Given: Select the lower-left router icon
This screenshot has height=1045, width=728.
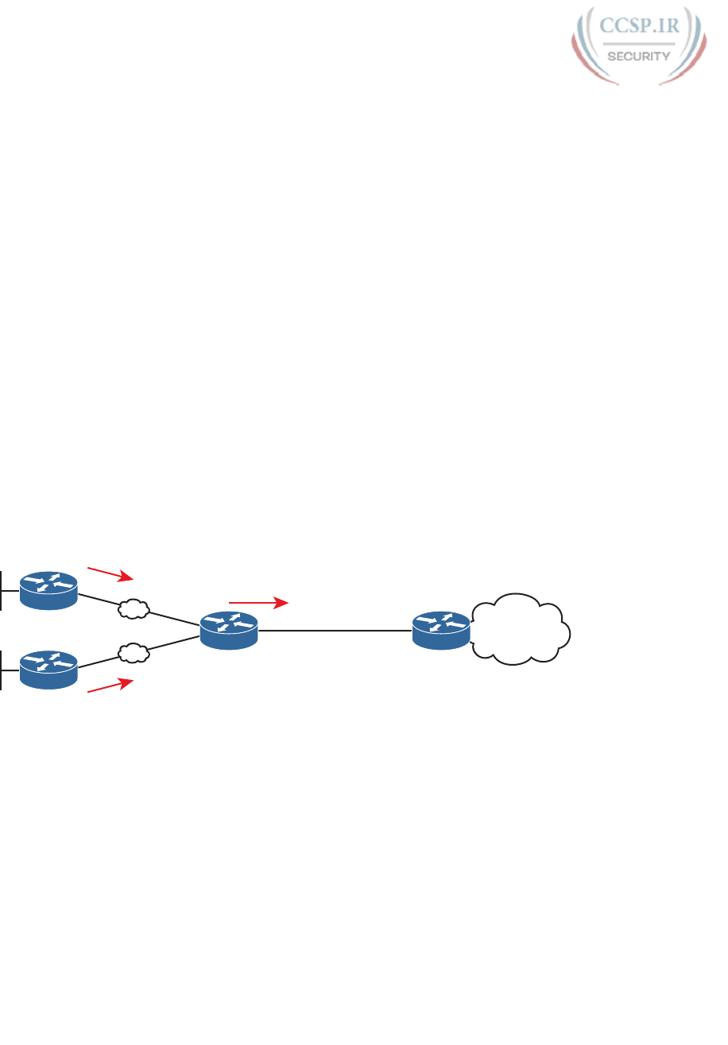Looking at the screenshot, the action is [x=48, y=669].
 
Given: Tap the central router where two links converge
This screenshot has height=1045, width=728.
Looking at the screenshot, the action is [x=229, y=630].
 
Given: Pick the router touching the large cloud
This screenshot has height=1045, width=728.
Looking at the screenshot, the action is [x=441, y=630].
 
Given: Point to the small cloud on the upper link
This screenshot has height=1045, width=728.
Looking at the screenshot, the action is [x=134, y=610].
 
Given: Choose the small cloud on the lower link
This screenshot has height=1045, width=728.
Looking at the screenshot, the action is [x=134, y=654].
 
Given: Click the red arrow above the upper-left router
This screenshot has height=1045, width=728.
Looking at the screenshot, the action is [x=110, y=573].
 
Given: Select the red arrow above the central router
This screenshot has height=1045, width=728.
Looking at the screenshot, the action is [x=258, y=604].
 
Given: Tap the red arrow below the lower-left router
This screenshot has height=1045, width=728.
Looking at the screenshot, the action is [x=110, y=686].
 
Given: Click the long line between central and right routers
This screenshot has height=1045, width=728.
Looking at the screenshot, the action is [x=334, y=631].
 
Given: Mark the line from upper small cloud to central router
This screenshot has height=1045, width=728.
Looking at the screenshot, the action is [x=175, y=619].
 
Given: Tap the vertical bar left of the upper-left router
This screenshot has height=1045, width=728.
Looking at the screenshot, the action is [x=2, y=590].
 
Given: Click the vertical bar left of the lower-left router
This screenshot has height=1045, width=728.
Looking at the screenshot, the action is [x=2, y=669].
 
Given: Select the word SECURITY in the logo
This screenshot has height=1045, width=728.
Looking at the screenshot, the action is [x=639, y=56].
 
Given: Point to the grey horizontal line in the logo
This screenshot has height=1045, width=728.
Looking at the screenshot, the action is [x=638, y=43].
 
